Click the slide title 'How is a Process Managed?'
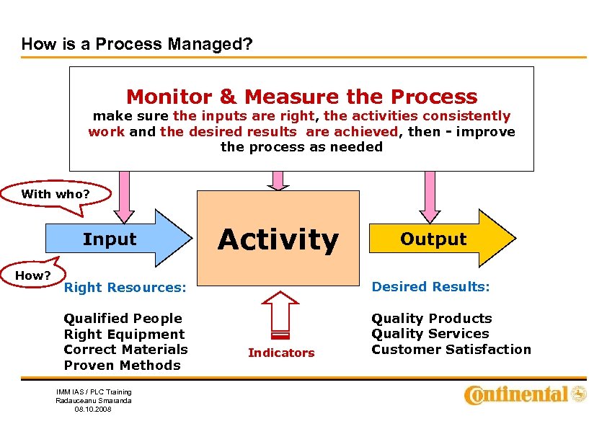(x=137, y=44)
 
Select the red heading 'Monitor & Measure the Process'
(x=301, y=97)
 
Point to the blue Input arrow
(x=115, y=239)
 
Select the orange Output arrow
(x=439, y=239)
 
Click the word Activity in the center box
(x=278, y=239)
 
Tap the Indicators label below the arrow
(x=281, y=353)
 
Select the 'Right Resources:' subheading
(x=125, y=288)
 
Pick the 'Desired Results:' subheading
(x=430, y=287)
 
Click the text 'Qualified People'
(x=123, y=319)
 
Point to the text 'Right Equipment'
(x=124, y=335)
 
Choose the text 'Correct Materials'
(x=125, y=350)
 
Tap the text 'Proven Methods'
(x=122, y=366)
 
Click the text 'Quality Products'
(x=431, y=319)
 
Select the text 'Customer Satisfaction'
(x=451, y=350)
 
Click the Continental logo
(x=526, y=394)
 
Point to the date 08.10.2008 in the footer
(x=94, y=409)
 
